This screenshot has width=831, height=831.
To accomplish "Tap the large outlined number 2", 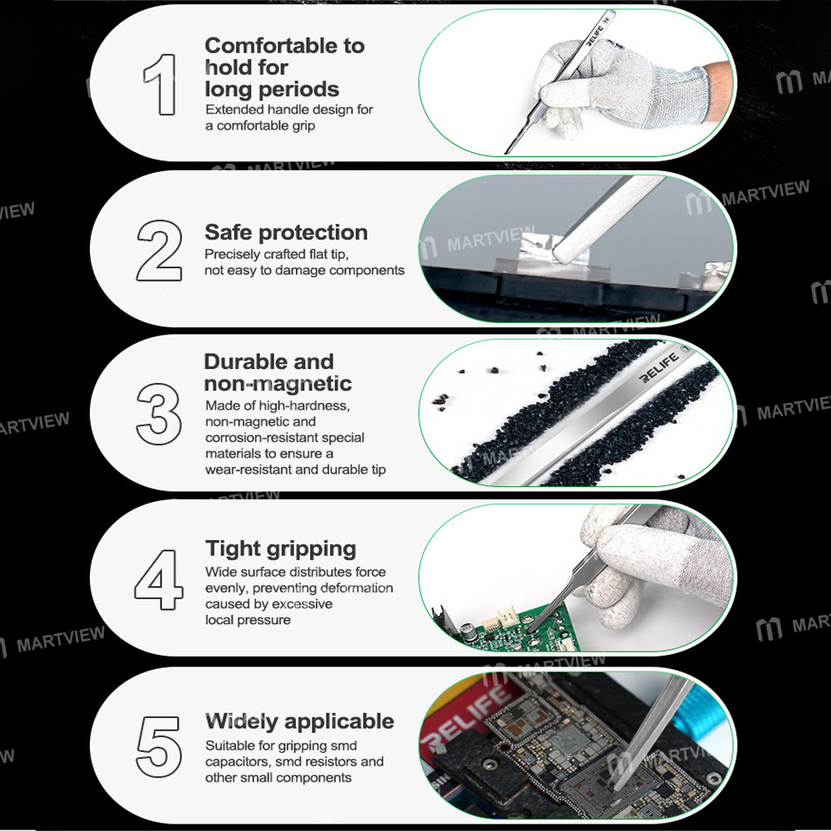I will [x=160, y=249].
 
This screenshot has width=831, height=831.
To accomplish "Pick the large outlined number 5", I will [x=160, y=742].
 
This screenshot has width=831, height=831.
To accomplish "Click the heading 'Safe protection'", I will [x=286, y=233].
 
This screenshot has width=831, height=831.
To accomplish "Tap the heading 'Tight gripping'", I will [x=281, y=548].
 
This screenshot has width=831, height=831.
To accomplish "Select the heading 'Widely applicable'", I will [x=299, y=720].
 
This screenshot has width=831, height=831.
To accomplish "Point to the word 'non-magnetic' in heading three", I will [x=278, y=384].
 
